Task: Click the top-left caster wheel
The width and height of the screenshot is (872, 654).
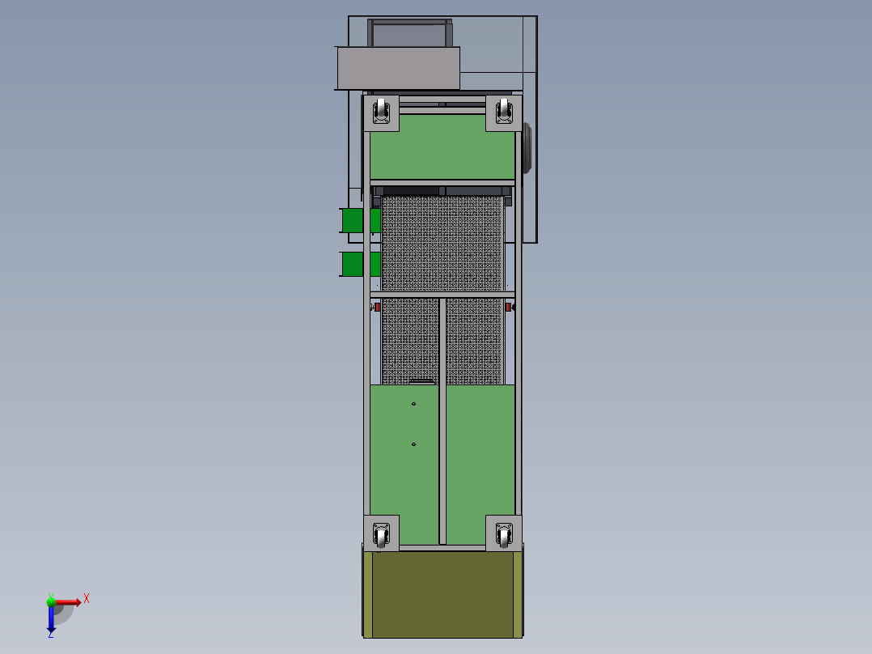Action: (x=380, y=112)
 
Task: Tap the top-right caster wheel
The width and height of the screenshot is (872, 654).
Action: (x=504, y=112)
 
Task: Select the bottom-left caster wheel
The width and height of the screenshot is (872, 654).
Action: (x=381, y=534)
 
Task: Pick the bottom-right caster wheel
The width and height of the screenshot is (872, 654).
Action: (x=504, y=534)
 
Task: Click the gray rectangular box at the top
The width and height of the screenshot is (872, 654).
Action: (x=398, y=68)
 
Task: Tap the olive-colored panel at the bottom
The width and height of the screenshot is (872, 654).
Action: (x=442, y=595)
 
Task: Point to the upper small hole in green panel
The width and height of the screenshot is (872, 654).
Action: (x=413, y=404)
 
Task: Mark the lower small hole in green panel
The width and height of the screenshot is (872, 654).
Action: (x=413, y=444)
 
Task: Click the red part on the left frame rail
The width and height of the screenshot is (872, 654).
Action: (x=377, y=307)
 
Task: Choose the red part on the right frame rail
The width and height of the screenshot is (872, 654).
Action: (x=508, y=307)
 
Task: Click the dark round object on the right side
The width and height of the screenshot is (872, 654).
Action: (x=527, y=148)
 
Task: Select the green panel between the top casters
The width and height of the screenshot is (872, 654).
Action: (x=442, y=147)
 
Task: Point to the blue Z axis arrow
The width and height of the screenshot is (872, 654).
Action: (x=51, y=620)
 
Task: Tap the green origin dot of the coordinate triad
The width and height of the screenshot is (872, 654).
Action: (x=51, y=601)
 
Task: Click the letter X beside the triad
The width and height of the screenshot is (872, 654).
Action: (x=87, y=599)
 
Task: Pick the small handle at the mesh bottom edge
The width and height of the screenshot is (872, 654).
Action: (x=422, y=381)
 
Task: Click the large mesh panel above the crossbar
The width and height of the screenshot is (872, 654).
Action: (x=442, y=243)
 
